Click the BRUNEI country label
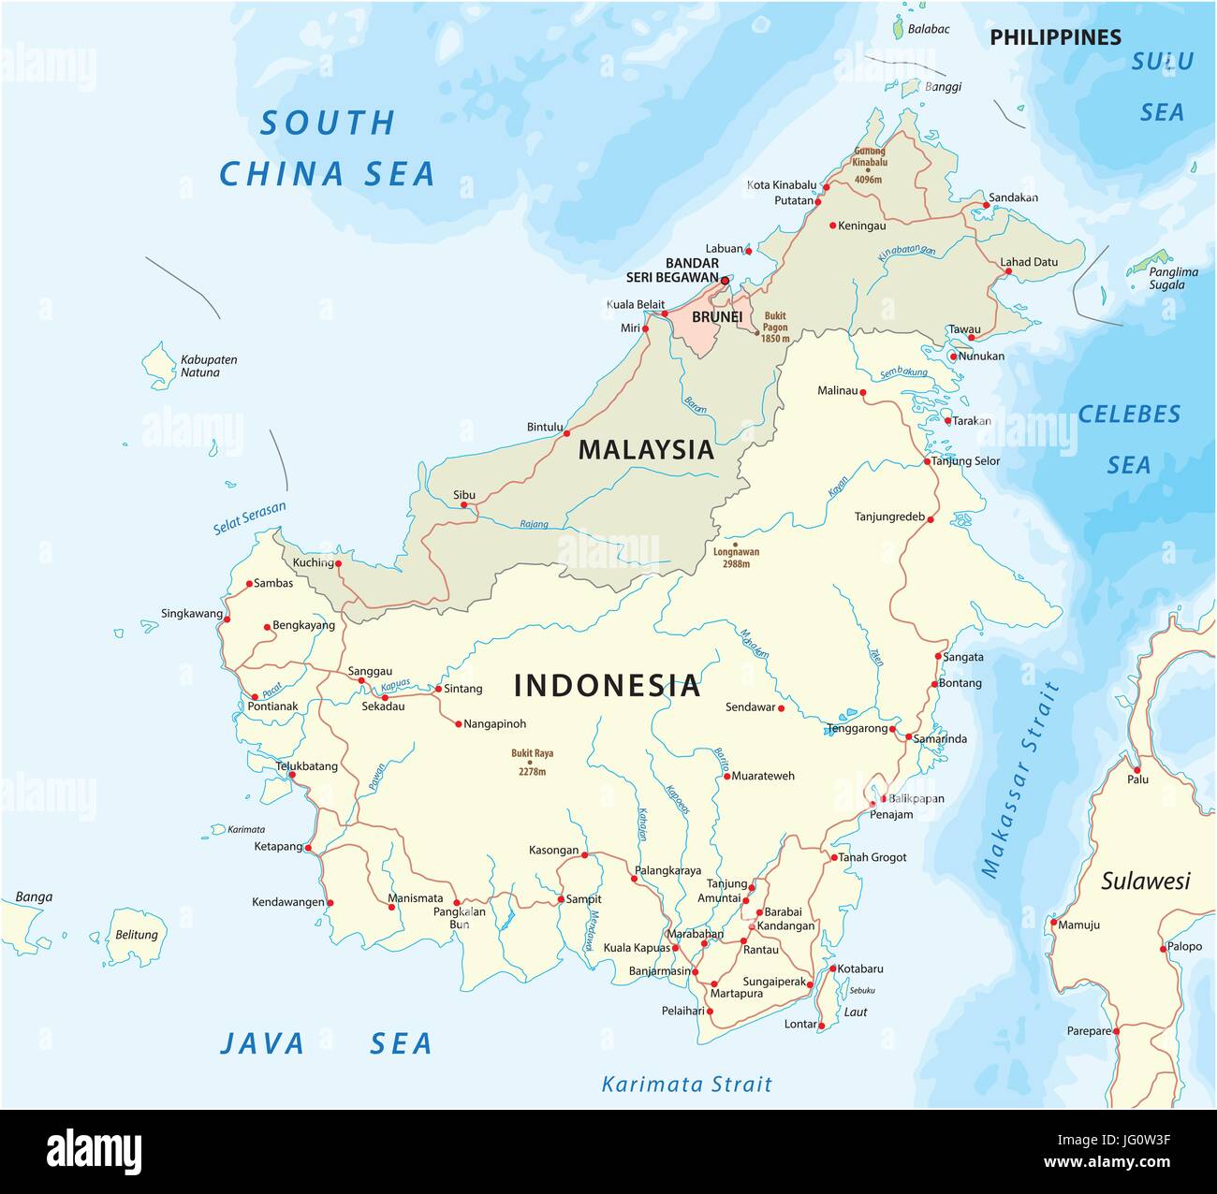[x=716, y=317]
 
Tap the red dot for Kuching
[x=339, y=564]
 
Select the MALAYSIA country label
[x=646, y=450]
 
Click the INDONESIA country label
[x=607, y=686]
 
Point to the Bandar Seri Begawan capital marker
[x=725, y=279]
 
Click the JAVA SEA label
[x=325, y=1043]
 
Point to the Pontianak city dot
[x=255, y=696]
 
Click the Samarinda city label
[x=940, y=739]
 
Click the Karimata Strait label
[x=686, y=1085]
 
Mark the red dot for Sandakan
[x=985, y=205]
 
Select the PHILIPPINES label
[x=1055, y=37]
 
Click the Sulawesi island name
[x=1145, y=881]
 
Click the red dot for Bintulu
[x=565, y=433]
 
